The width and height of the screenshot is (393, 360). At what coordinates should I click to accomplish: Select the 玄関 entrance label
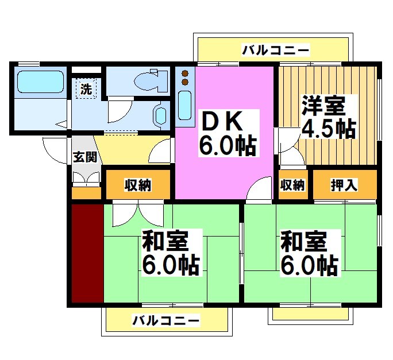tap(84, 157)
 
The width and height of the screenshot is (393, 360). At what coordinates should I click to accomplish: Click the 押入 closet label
tap(344, 185)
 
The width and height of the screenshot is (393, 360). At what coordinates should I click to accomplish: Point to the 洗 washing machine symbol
tap(86, 89)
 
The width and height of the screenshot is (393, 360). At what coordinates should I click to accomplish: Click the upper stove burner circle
tap(185, 73)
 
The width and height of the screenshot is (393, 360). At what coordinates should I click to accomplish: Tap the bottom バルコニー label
tap(166, 320)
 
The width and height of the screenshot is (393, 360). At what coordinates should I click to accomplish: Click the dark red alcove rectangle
tap(87, 253)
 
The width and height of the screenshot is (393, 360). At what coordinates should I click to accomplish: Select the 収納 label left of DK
tap(138, 185)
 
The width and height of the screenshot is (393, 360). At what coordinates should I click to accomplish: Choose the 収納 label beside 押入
tap(292, 185)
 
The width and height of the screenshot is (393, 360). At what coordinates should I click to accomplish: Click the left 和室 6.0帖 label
tap(171, 253)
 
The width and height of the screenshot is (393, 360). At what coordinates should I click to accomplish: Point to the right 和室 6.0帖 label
tap(309, 253)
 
